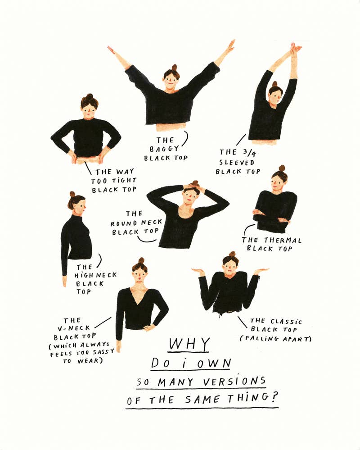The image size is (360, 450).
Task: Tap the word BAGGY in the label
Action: (164, 149)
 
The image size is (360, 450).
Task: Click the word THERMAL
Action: (283, 240)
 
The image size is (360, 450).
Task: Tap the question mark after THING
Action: (274, 397)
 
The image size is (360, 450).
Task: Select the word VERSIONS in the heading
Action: (234, 382)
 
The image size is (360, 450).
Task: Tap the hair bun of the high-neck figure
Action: (72, 194)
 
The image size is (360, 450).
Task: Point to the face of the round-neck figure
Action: (189, 195)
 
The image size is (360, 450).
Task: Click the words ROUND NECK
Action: (136, 223)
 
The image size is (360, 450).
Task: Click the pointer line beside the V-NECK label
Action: (103, 322)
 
